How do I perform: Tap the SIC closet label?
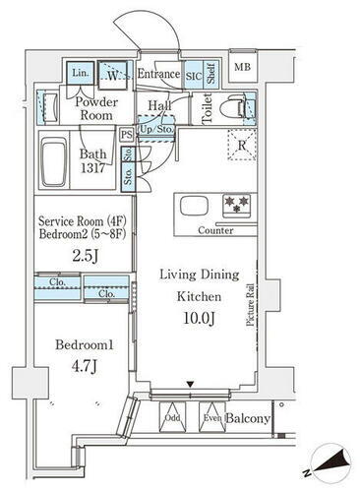[x=195, y=75]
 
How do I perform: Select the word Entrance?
[x=157, y=74]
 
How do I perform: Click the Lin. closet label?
[x=80, y=74]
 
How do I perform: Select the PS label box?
[x=126, y=134]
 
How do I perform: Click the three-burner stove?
[x=236, y=205]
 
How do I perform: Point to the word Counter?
[x=214, y=230]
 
